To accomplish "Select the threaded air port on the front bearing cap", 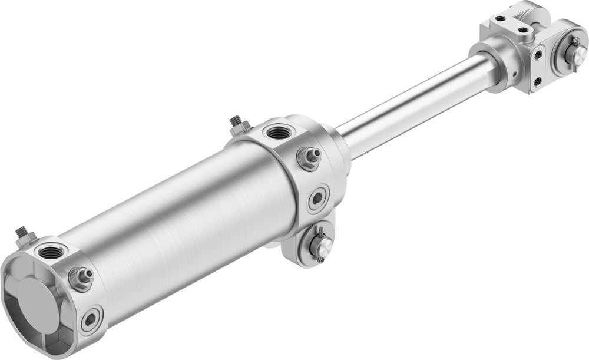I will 276,132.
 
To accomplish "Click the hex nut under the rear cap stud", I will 25,240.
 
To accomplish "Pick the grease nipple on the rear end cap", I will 81,275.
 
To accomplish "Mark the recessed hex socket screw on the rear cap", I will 91,320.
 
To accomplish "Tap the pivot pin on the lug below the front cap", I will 318,243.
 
